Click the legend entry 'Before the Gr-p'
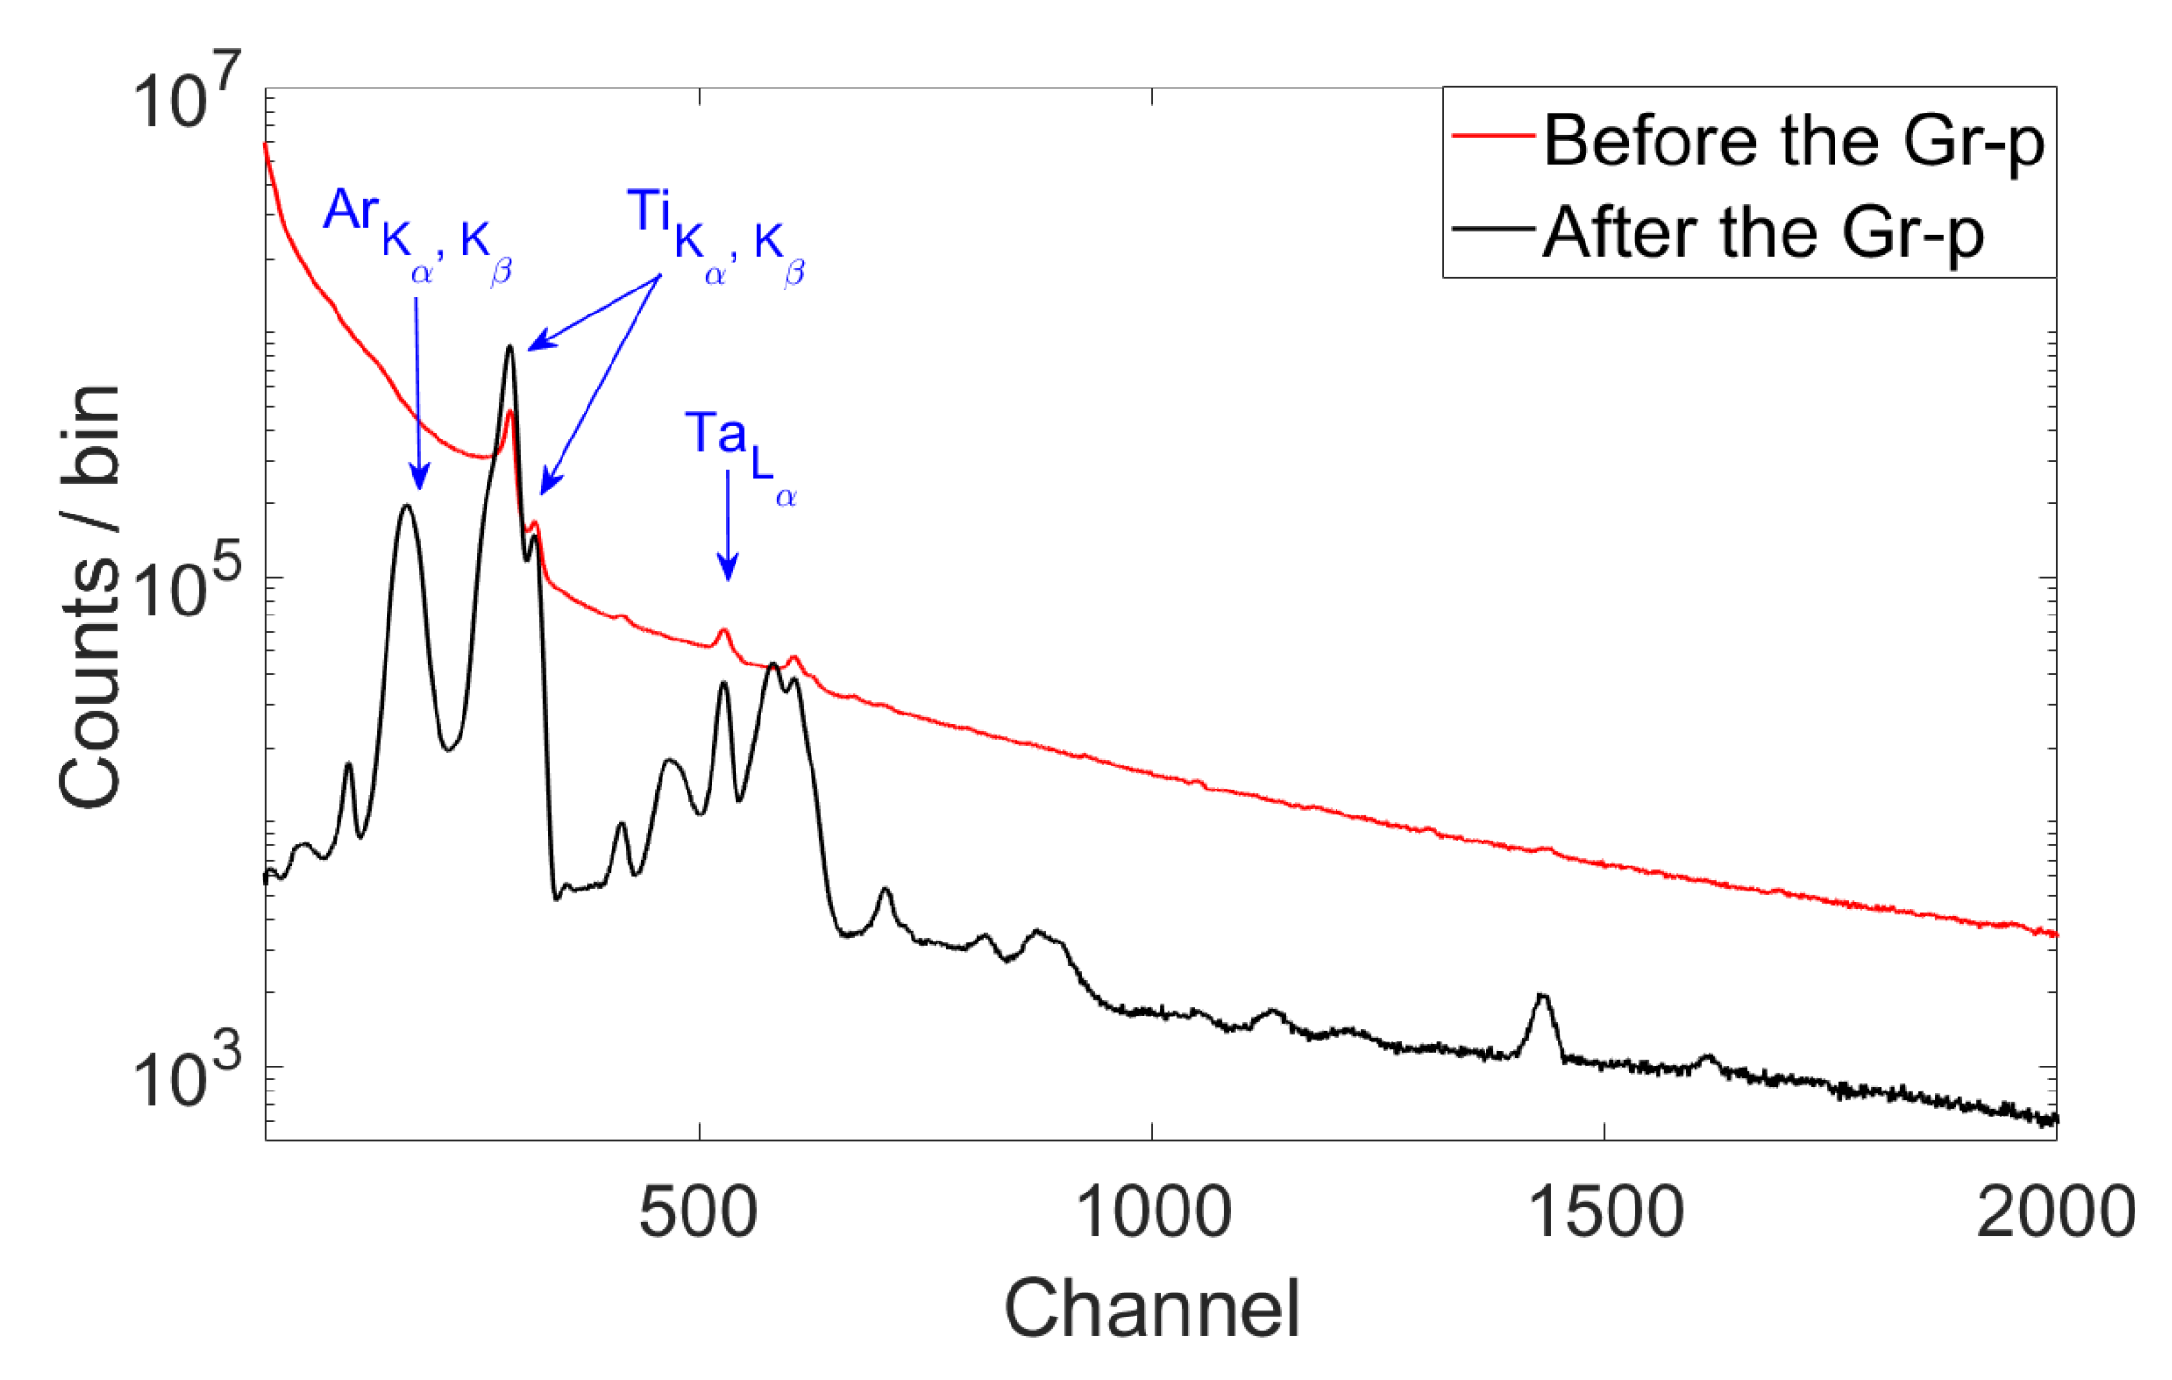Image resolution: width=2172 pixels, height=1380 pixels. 1793,141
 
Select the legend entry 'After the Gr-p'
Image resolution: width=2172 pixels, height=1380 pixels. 1763,232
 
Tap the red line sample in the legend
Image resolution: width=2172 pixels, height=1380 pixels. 1492,137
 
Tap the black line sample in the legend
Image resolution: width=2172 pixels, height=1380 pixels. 1492,229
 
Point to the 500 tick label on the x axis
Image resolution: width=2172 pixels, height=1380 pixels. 699,1213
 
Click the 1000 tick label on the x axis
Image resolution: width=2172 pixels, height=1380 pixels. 1152,1213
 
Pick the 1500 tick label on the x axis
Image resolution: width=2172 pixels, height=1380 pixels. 1605,1213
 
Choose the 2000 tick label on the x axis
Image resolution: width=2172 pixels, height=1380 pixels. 2055,1213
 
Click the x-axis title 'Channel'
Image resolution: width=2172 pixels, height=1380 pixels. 1152,1309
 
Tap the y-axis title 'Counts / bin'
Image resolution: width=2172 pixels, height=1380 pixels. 89,596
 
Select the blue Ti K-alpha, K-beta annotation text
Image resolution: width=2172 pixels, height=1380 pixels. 716,234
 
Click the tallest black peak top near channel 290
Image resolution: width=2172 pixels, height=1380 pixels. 511,347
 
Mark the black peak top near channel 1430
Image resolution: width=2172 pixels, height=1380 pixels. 1542,995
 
